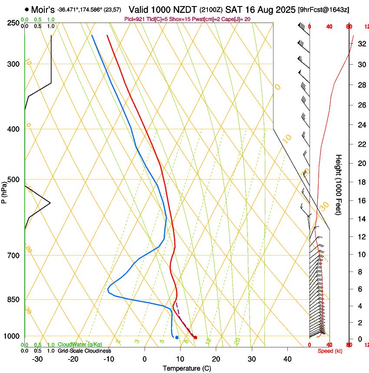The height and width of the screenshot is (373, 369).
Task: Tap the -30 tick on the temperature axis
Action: [x=37, y=359]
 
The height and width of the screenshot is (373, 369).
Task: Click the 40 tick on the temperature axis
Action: [x=287, y=359]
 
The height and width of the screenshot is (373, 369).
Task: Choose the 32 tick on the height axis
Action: [x=360, y=44]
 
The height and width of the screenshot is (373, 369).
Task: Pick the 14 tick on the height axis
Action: [x=360, y=219]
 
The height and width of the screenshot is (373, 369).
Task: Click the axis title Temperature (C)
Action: [x=187, y=368]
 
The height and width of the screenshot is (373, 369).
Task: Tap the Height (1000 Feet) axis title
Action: [x=339, y=184]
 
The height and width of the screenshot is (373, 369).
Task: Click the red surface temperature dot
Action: [x=195, y=337]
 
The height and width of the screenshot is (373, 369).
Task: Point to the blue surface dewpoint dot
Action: [x=177, y=337]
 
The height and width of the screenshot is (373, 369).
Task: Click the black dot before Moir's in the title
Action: [x=27, y=9]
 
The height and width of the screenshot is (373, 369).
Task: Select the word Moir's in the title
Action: [x=43, y=9]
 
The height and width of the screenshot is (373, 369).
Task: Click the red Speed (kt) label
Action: [x=330, y=350]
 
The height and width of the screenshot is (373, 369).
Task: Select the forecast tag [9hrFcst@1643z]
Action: [x=324, y=10]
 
